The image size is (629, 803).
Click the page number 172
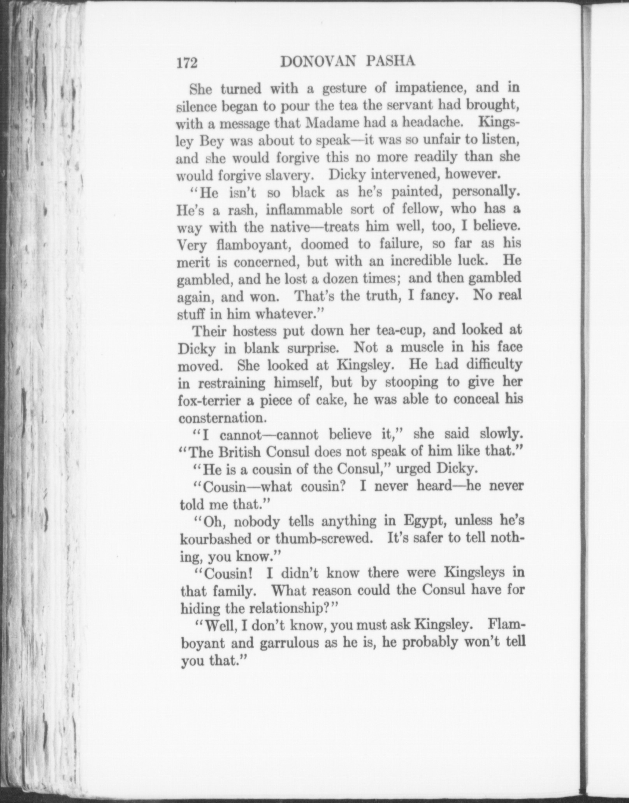pyautogui.click(x=187, y=63)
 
